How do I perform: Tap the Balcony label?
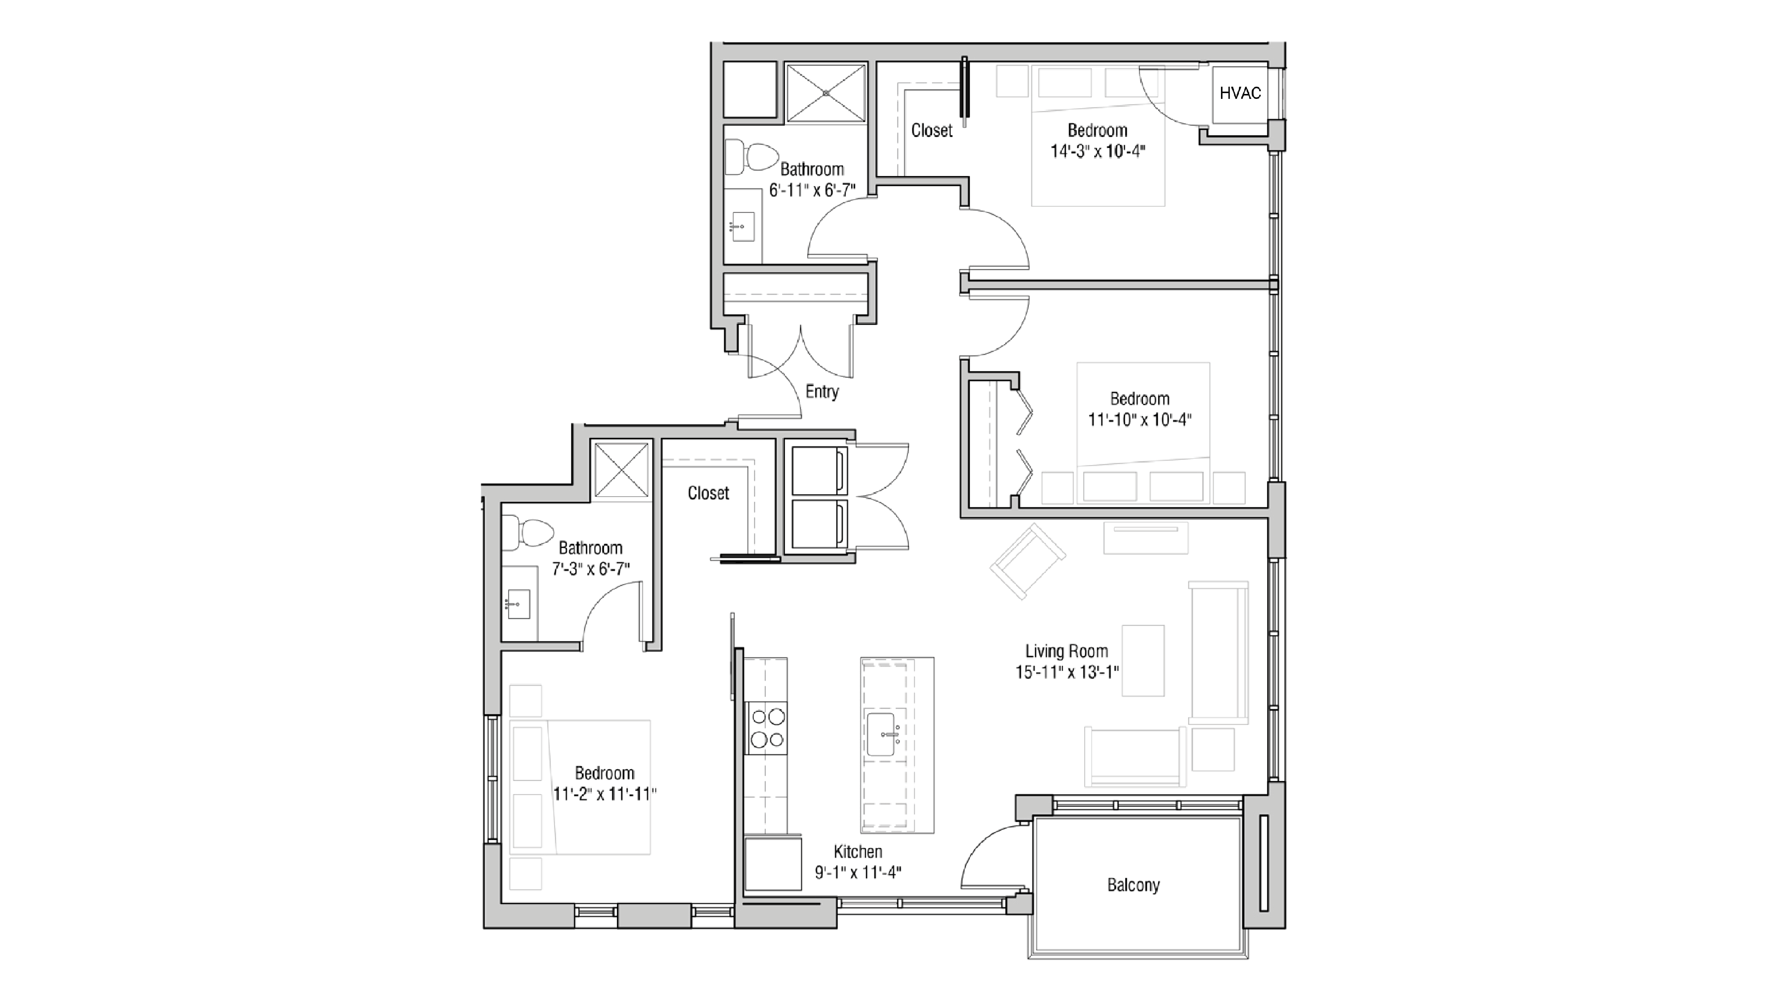pyautogui.click(x=1133, y=885)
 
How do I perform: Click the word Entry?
pyautogui.click(x=822, y=392)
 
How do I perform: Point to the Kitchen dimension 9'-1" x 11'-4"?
pyautogui.click(x=857, y=873)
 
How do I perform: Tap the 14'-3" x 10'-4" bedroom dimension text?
pyautogui.click(x=1098, y=151)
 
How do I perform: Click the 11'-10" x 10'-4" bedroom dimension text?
pyautogui.click(x=1139, y=419)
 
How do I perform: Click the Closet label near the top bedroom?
pyautogui.click(x=932, y=131)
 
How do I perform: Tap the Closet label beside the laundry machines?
pyautogui.click(x=708, y=493)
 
